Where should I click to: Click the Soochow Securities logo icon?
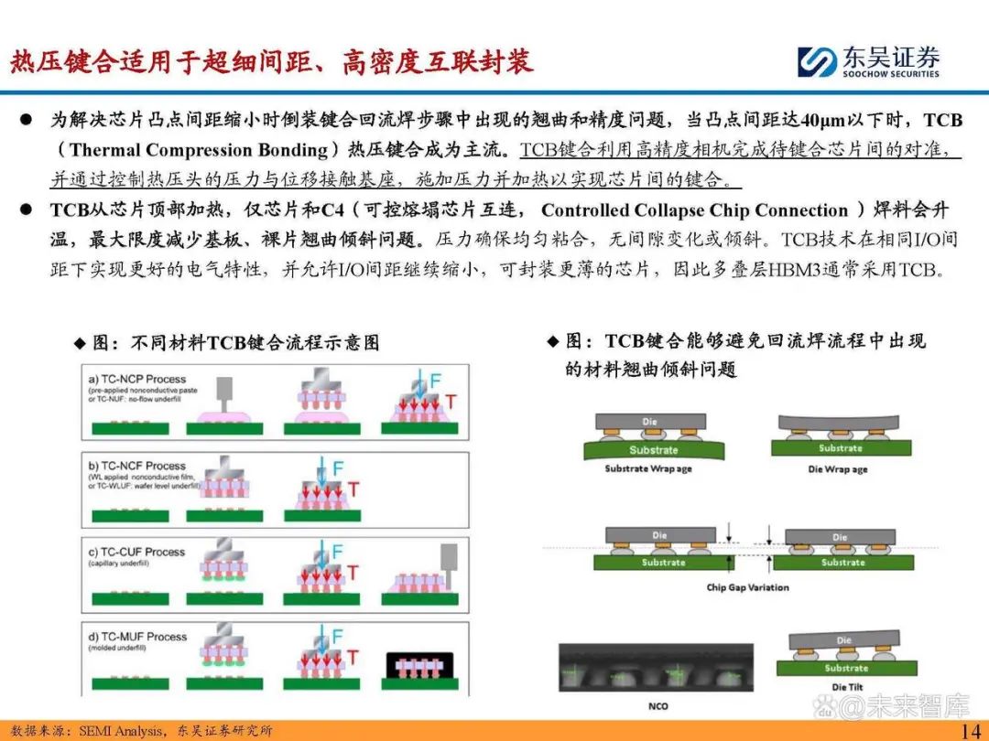pos(816,62)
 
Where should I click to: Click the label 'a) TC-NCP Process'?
pos(137,379)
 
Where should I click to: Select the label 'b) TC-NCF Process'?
pos(137,466)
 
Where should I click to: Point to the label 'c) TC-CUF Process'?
pos(137,552)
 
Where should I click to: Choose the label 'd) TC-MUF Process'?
pos(137,637)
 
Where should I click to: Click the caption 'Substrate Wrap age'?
pos(648,469)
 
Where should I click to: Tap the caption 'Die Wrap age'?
pos(838,469)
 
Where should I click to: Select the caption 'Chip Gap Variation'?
pos(747,587)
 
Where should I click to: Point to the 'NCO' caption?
pos(657,707)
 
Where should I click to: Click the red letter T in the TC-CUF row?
pos(352,573)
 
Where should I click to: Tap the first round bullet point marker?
pos(27,121)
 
